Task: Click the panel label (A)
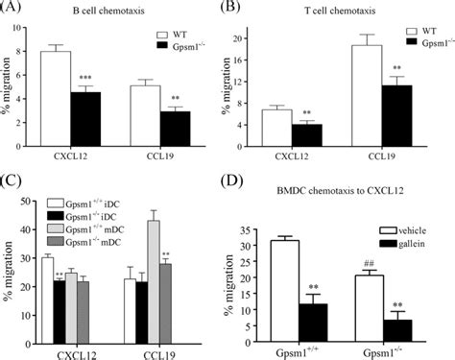point(16,9)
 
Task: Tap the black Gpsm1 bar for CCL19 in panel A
point(174,126)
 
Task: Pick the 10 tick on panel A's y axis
point(32,30)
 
